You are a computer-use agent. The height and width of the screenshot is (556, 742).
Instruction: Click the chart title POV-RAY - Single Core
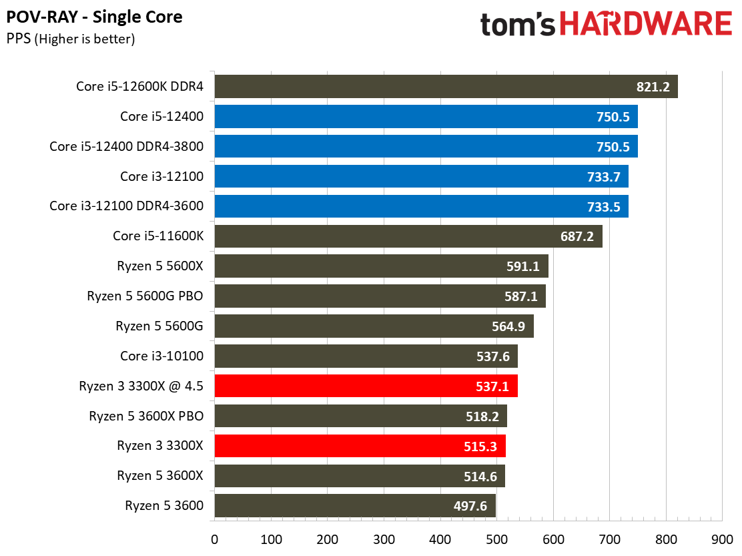pos(94,17)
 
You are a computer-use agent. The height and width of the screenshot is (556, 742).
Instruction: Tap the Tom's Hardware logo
pos(606,25)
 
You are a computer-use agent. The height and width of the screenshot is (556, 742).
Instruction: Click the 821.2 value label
pos(652,87)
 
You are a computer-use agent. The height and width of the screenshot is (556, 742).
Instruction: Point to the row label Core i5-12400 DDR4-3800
pos(126,146)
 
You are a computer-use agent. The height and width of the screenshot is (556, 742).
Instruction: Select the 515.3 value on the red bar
pos(480,446)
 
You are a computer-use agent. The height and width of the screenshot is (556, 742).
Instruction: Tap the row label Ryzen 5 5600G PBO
pos(145,296)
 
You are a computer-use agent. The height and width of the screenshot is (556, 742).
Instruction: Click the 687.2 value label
pos(577,236)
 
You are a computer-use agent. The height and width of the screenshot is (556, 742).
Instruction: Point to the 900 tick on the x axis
pos(722,539)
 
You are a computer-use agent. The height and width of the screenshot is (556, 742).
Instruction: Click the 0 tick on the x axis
pos(214,539)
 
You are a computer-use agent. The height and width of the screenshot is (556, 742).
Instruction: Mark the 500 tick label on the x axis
pos(496,539)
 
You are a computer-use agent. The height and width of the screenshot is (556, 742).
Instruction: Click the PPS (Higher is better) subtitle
pos(71,39)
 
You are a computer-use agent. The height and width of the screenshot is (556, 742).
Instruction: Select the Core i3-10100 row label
pos(161,356)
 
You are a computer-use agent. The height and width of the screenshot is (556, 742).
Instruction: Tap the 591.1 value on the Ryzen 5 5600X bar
pos(523,266)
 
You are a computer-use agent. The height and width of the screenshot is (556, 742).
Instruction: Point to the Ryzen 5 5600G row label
pos(159,326)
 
